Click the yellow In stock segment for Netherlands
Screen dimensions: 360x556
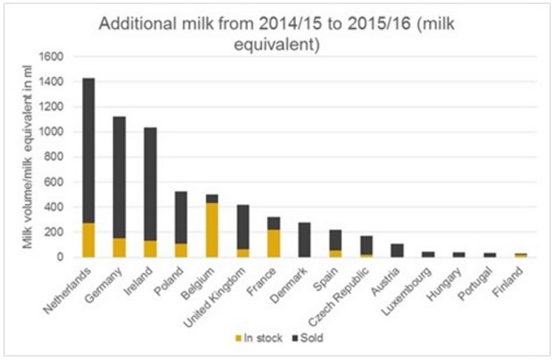click(x=88, y=239)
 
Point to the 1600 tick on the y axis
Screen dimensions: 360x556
click(x=55, y=56)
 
